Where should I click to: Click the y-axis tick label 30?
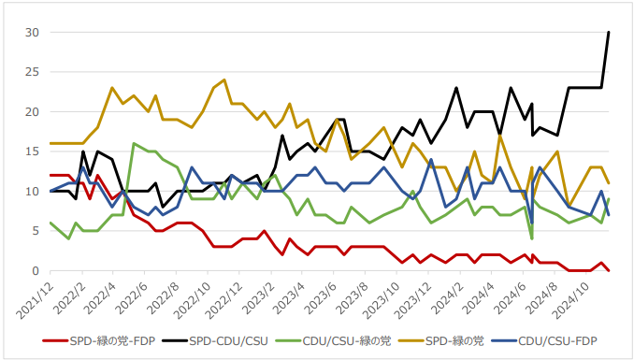pyautogui.click(x=32, y=32)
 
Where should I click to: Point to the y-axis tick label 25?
pyautogui.click(x=32, y=72)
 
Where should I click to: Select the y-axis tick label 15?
pyautogui.click(x=32, y=151)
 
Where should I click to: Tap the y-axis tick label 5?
pyautogui.click(x=35, y=231)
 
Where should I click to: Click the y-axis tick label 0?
pyautogui.click(x=35, y=271)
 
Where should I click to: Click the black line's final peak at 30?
pyautogui.click(x=609, y=33)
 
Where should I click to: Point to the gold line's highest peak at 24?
pyautogui.click(x=224, y=80)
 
